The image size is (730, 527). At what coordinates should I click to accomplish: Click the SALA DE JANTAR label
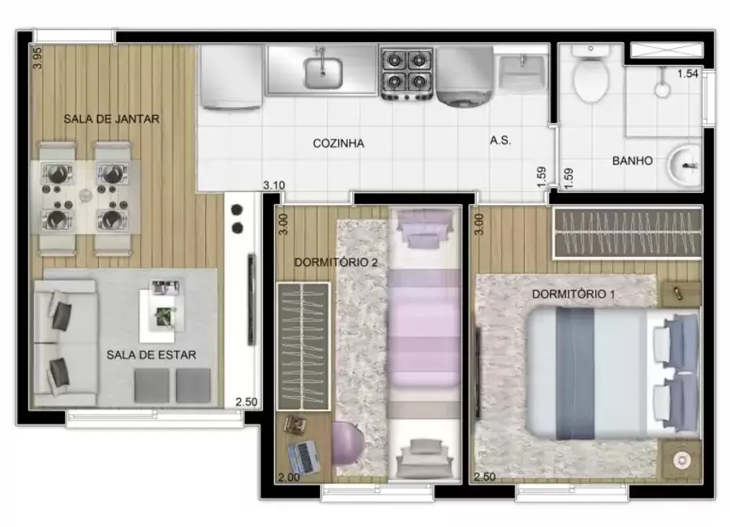click(x=111, y=118)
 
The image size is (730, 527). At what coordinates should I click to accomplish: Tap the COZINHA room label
click(x=338, y=144)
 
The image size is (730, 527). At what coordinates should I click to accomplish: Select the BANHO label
click(x=632, y=161)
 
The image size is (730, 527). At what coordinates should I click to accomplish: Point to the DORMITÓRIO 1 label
click(x=573, y=293)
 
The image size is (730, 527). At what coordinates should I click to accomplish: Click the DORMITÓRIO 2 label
click(x=335, y=262)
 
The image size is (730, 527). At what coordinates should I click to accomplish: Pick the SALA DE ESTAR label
click(x=152, y=354)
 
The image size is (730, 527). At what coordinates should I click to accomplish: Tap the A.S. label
click(x=500, y=140)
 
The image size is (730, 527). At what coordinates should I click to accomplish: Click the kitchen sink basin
click(x=323, y=71)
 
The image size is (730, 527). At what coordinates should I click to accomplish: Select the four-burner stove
click(x=406, y=71)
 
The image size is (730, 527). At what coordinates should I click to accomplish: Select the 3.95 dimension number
click(x=36, y=58)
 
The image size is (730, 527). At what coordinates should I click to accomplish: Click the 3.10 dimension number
click(x=274, y=186)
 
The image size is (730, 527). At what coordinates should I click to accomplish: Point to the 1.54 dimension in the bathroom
click(x=687, y=74)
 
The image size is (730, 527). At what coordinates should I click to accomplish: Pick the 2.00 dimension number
click(x=288, y=478)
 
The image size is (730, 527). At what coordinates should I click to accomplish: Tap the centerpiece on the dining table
click(x=84, y=195)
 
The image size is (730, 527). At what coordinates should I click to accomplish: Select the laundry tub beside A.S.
click(x=522, y=74)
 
